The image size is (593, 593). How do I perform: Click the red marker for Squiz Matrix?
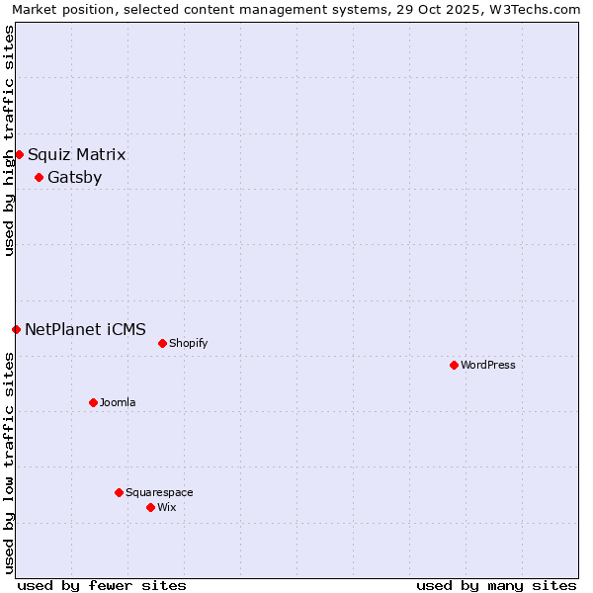[19, 154]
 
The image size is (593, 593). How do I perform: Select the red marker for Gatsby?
[39, 178]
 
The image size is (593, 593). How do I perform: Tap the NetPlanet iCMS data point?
[16, 329]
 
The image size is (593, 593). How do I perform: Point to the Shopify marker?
[162, 343]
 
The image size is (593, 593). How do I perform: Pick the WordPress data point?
[454, 365]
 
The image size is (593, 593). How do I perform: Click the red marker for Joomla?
[93, 402]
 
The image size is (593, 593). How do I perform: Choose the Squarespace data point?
[119, 492]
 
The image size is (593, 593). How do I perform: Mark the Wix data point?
[150, 507]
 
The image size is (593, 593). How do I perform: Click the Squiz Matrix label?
[76, 154]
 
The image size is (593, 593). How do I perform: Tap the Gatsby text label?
[74, 178]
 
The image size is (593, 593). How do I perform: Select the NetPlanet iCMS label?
[85, 329]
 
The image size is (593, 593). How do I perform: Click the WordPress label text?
[488, 365]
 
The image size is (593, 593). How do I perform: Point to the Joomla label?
[118, 402]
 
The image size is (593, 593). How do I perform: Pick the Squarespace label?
[159, 492]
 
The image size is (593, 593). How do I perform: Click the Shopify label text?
[188, 343]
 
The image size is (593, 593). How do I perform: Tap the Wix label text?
[166, 507]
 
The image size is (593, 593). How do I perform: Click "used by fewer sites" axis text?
[102, 585]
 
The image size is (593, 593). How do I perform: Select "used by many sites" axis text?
[496, 585]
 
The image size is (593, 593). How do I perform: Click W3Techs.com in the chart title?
[538, 10]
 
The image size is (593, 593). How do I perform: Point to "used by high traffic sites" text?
[10, 140]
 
